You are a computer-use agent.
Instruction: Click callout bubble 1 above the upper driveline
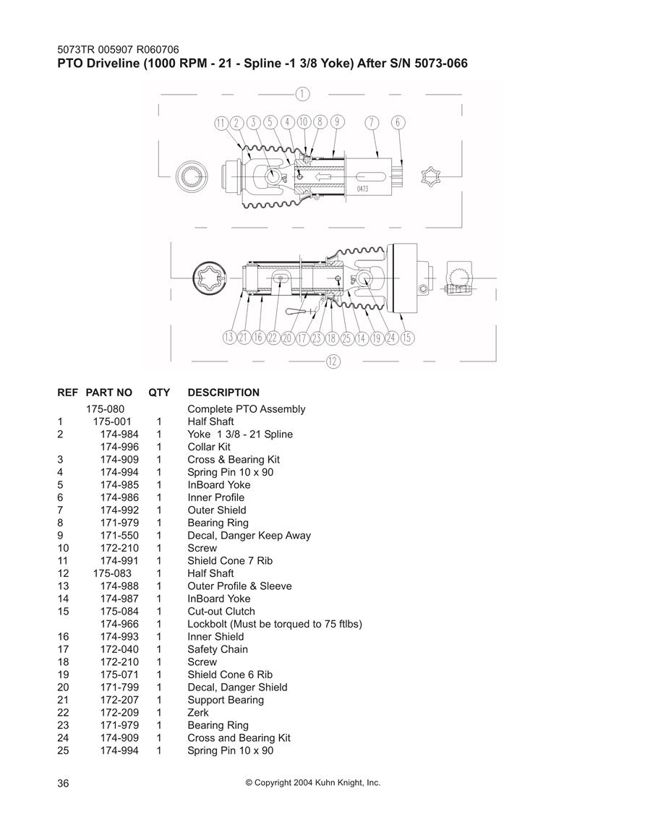click(x=302, y=94)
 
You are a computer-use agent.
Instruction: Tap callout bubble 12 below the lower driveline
click(x=333, y=361)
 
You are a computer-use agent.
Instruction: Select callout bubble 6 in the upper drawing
click(x=398, y=122)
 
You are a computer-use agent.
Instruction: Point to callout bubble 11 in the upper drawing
click(x=221, y=123)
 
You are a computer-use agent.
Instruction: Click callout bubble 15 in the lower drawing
click(x=407, y=338)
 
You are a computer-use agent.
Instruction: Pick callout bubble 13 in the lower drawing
click(x=229, y=337)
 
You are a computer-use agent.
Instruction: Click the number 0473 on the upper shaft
click(x=362, y=189)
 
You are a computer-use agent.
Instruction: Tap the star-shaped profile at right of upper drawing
click(x=430, y=176)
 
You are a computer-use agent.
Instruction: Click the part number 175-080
click(x=106, y=409)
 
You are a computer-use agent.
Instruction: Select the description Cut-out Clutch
click(x=221, y=612)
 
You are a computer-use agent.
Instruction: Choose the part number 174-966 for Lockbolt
click(x=119, y=624)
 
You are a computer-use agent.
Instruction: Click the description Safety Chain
click(x=218, y=649)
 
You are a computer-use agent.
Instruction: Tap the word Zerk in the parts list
click(x=198, y=713)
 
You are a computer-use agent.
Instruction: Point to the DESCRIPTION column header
click(x=223, y=393)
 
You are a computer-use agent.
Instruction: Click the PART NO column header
click(x=108, y=393)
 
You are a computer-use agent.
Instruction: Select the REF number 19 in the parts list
click(x=63, y=675)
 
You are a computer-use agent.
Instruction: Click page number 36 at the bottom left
click(x=64, y=783)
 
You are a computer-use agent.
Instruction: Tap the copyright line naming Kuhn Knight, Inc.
click(x=313, y=783)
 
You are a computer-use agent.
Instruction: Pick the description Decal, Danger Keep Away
click(x=249, y=536)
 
